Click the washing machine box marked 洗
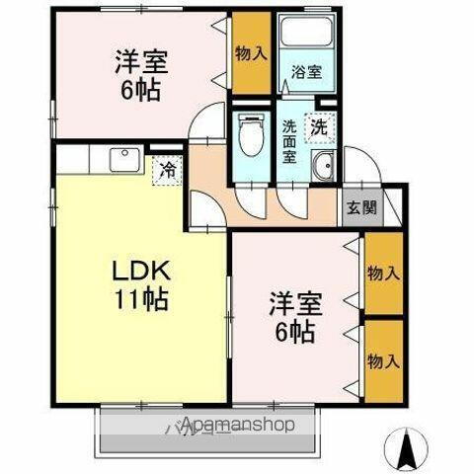coord(318,126)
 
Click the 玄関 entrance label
coord(358,207)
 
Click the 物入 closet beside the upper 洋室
coord(251,54)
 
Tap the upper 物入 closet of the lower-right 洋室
coord(383,274)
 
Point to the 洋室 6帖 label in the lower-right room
coord(293,316)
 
